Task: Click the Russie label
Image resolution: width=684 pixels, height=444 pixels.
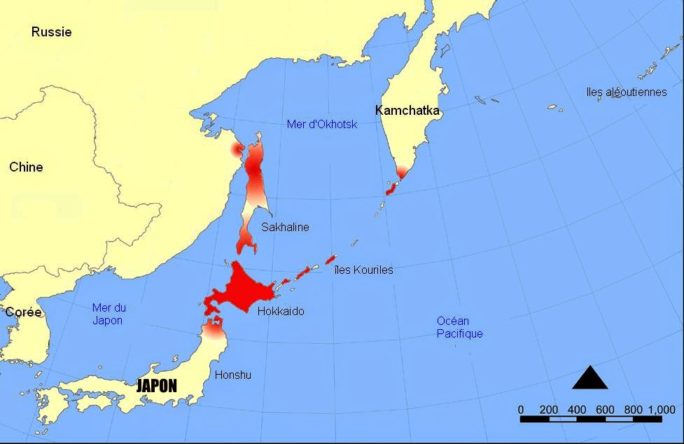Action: click(x=51, y=32)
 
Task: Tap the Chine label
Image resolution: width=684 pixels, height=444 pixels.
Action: click(x=26, y=167)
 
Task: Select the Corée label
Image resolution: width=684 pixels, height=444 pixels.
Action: click(x=23, y=312)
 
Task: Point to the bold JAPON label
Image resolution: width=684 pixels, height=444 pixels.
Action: click(x=156, y=386)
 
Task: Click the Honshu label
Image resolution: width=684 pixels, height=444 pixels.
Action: click(x=233, y=375)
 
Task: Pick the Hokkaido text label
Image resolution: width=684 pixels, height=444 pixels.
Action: click(x=281, y=311)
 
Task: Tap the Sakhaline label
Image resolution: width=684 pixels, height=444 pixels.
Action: click(x=285, y=227)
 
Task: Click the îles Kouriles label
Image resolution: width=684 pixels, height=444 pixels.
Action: click(x=364, y=270)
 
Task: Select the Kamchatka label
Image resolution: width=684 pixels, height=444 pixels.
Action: click(x=407, y=111)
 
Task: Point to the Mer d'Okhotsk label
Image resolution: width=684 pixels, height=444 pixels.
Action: click(x=322, y=125)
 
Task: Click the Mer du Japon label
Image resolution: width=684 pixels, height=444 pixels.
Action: click(x=108, y=314)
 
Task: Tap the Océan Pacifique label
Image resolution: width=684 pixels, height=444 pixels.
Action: click(x=459, y=327)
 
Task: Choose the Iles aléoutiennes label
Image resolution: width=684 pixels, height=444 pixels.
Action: click(x=627, y=92)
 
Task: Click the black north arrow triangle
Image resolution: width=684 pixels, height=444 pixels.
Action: click(x=589, y=378)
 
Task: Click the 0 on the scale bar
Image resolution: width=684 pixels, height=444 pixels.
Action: click(x=521, y=410)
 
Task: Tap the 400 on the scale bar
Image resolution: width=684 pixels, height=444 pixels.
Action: click(x=577, y=410)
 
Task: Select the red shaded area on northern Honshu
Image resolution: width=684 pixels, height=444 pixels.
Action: click(x=213, y=325)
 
